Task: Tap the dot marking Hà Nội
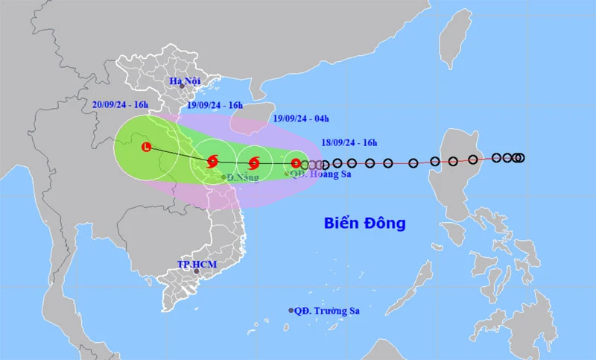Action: [181, 86]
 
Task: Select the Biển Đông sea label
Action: [364, 222]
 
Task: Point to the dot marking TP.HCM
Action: [197, 271]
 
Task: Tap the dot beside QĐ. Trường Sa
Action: [291, 310]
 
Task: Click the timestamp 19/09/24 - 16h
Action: [215, 105]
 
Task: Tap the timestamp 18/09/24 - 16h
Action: [343, 141]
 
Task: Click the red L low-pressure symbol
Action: [147, 148]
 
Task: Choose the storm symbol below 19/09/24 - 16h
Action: [212, 160]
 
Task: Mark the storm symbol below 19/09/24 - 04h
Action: [253, 162]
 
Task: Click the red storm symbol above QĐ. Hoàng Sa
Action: [296, 163]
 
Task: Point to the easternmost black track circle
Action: [519, 157]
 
